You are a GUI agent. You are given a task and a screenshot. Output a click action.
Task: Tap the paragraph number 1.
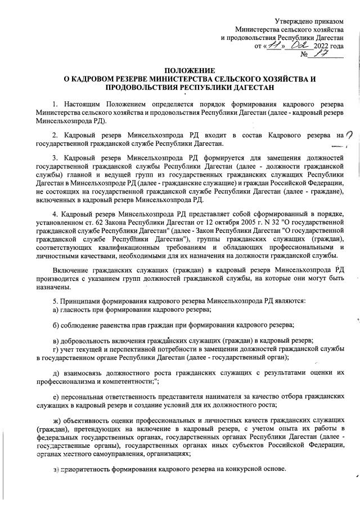click(55, 105)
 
